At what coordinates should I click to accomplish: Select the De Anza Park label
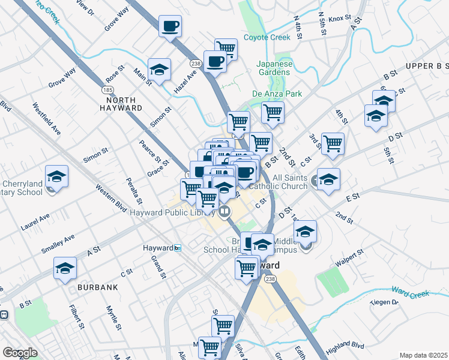point(277,94)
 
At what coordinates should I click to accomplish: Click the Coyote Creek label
point(267,37)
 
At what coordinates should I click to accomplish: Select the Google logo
point(20,352)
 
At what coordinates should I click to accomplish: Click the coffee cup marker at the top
point(170,26)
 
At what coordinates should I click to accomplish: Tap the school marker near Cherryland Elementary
point(57,176)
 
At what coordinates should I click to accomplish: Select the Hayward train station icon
point(177,248)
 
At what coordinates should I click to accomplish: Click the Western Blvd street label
point(111,198)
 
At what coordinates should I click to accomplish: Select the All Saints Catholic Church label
point(290,182)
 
